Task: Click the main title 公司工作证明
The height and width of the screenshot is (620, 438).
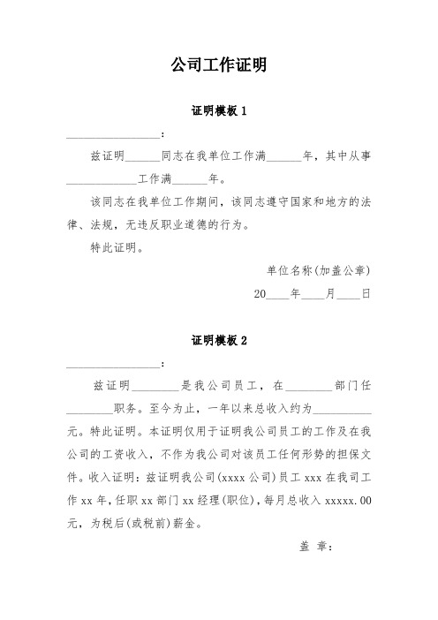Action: point(218,66)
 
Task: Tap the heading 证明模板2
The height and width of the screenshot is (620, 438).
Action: point(218,340)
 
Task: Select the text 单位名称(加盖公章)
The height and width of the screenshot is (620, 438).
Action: point(318,270)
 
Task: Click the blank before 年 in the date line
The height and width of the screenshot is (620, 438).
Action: point(278,293)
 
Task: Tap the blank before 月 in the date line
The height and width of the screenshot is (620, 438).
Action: point(313,293)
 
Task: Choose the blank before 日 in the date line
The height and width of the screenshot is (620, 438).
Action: point(347,293)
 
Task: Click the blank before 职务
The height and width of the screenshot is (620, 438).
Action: point(89,409)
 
